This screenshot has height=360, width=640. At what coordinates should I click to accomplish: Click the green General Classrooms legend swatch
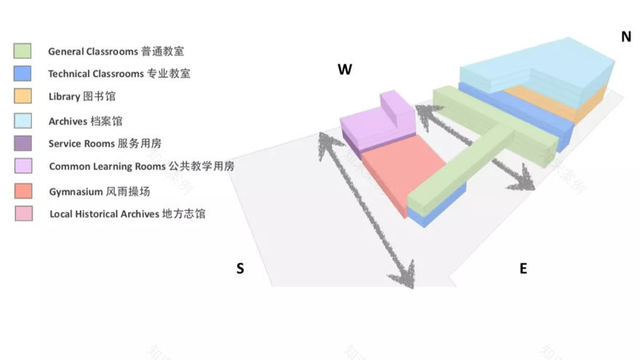point(23,51)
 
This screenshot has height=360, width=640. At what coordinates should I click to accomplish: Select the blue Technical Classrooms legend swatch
point(23,73)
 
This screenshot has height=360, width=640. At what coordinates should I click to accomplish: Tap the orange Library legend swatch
point(23,96)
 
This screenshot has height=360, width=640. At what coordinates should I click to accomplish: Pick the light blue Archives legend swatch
point(23,121)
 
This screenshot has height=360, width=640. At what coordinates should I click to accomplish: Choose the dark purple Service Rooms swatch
point(23,143)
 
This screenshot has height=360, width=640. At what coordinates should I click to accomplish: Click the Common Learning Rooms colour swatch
point(23,166)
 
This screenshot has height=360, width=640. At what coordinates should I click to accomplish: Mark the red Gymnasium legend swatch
point(23,191)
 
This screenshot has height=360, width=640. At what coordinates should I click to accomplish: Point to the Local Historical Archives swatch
point(23,214)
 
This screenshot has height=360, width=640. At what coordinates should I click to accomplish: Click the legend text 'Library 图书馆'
point(81,97)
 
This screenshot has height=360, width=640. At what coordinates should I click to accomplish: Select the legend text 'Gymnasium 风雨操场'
point(99,192)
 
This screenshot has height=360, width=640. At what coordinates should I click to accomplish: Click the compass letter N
point(625,37)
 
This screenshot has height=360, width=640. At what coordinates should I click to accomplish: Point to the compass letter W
point(345,70)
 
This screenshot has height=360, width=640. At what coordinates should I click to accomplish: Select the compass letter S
point(240,268)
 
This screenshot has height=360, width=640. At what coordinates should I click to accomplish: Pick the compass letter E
point(523,268)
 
